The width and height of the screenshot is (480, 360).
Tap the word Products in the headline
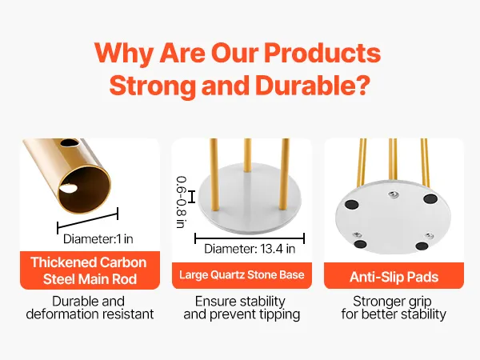(x=322, y=54)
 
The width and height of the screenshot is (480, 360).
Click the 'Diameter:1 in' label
(x=98, y=239)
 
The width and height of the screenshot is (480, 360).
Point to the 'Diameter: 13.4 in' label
(x=250, y=249)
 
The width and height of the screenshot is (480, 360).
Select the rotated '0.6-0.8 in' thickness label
(x=182, y=202)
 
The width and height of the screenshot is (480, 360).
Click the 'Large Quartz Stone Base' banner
(x=242, y=275)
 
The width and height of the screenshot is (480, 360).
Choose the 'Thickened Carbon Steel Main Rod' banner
(x=90, y=270)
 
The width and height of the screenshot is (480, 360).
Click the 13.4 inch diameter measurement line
(x=250, y=238)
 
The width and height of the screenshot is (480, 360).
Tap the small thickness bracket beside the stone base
(x=191, y=197)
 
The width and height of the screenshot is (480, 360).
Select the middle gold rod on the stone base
(x=247, y=155)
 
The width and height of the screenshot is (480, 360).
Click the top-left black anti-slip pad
(x=351, y=204)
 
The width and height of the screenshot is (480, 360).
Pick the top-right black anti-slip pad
(x=430, y=198)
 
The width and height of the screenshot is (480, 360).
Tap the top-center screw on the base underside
(x=393, y=194)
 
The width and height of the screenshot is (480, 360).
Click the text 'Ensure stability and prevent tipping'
(x=242, y=308)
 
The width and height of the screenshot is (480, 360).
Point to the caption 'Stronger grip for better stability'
(x=394, y=308)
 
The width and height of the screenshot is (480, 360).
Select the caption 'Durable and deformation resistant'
(x=90, y=308)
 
